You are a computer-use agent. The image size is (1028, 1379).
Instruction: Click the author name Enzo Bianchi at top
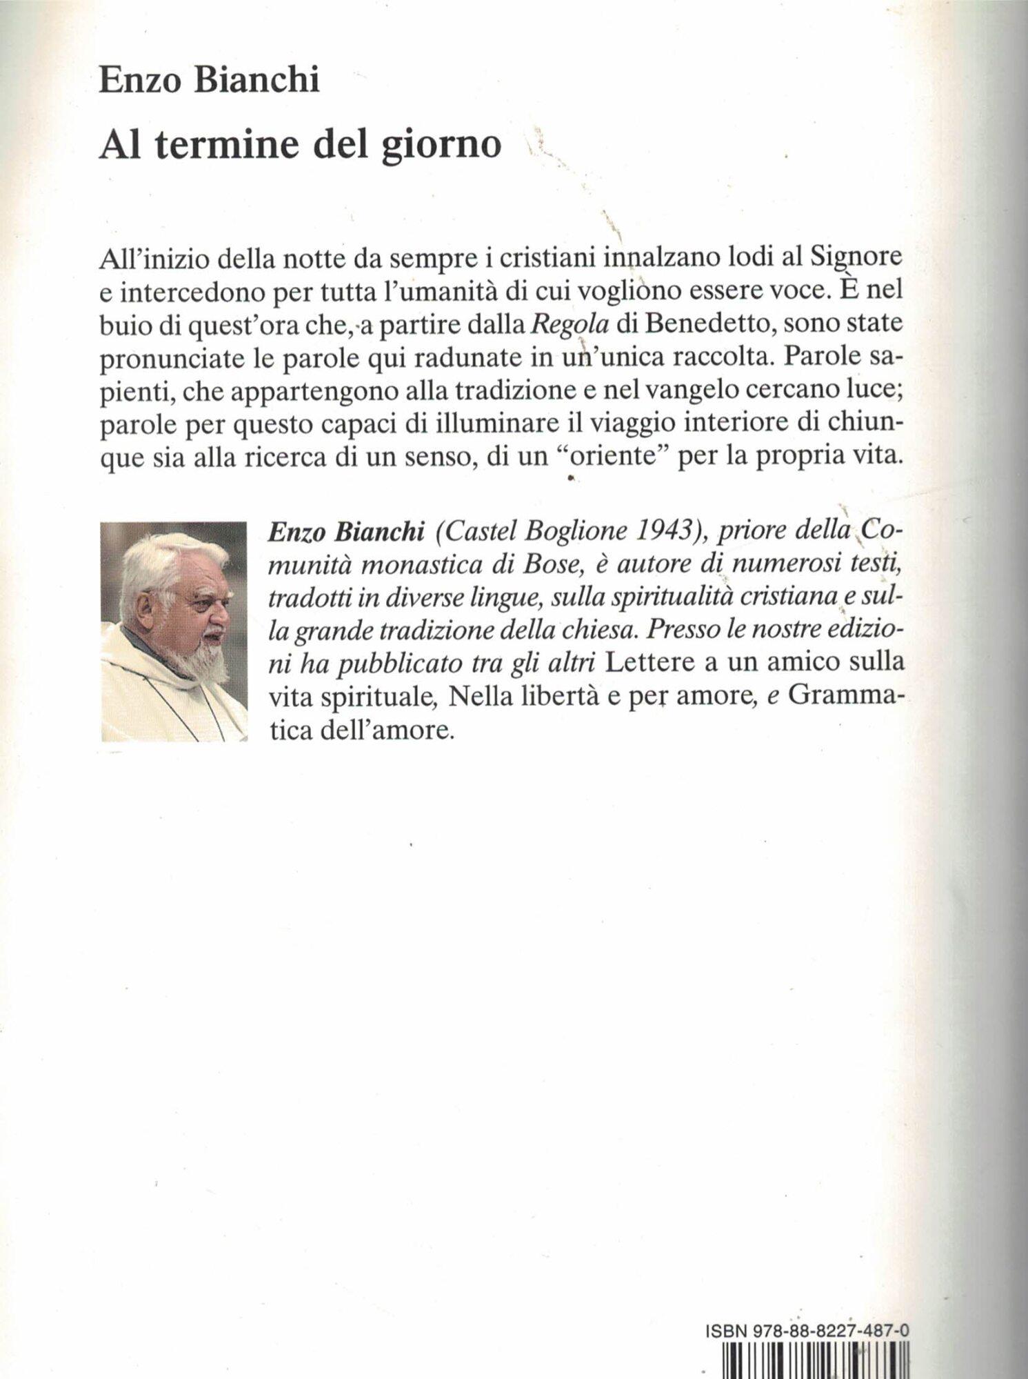pos(209,80)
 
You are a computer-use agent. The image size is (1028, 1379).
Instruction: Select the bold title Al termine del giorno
pos(300,145)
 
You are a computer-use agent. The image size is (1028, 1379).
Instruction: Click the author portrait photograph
pos(174,631)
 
